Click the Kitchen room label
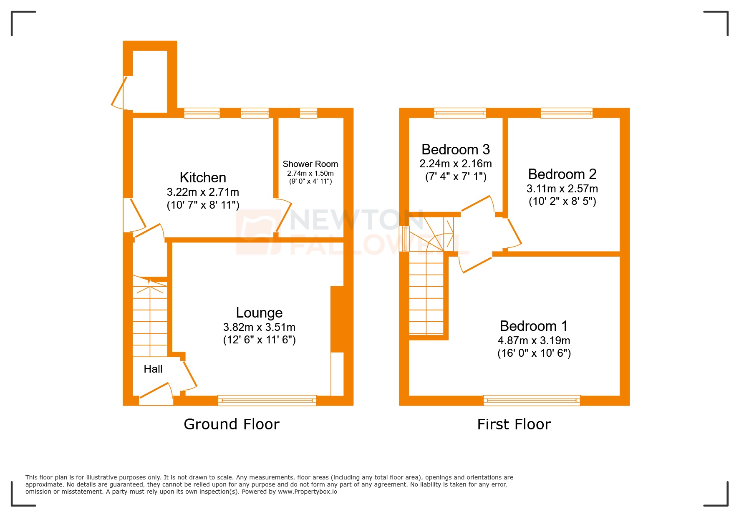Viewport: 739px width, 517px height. coord(203,177)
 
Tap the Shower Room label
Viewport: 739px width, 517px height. coord(310,164)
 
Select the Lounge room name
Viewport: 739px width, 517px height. coord(259,313)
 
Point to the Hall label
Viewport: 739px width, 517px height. coord(153,369)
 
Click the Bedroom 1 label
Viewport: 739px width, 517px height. coord(534,326)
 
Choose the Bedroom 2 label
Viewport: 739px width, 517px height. coord(562,174)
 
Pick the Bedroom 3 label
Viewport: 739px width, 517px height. coord(456,149)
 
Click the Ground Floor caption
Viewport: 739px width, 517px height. coord(232,424)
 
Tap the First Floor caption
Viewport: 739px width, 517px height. coord(514,424)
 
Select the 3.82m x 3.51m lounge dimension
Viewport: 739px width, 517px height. coord(259,327)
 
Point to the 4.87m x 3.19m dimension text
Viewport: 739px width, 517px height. coord(534,340)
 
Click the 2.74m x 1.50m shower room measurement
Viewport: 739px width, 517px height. coord(310,173)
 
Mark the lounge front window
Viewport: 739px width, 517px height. coord(267,401)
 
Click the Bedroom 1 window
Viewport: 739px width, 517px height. coord(532,401)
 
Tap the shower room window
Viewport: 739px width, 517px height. coord(308,113)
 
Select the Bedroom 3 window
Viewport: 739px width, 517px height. coord(460,113)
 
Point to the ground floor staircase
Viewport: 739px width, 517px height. coord(150,317)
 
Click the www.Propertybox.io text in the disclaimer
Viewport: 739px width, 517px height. coord(308,492)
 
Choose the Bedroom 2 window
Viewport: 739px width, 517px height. coord(567,113)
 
